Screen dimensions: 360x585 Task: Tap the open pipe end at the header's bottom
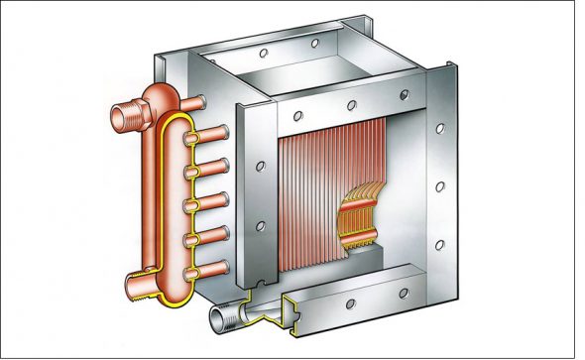[135, 288]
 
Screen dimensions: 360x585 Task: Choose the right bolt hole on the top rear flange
[315, 44]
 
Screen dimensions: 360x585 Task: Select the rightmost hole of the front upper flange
[403, 93]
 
